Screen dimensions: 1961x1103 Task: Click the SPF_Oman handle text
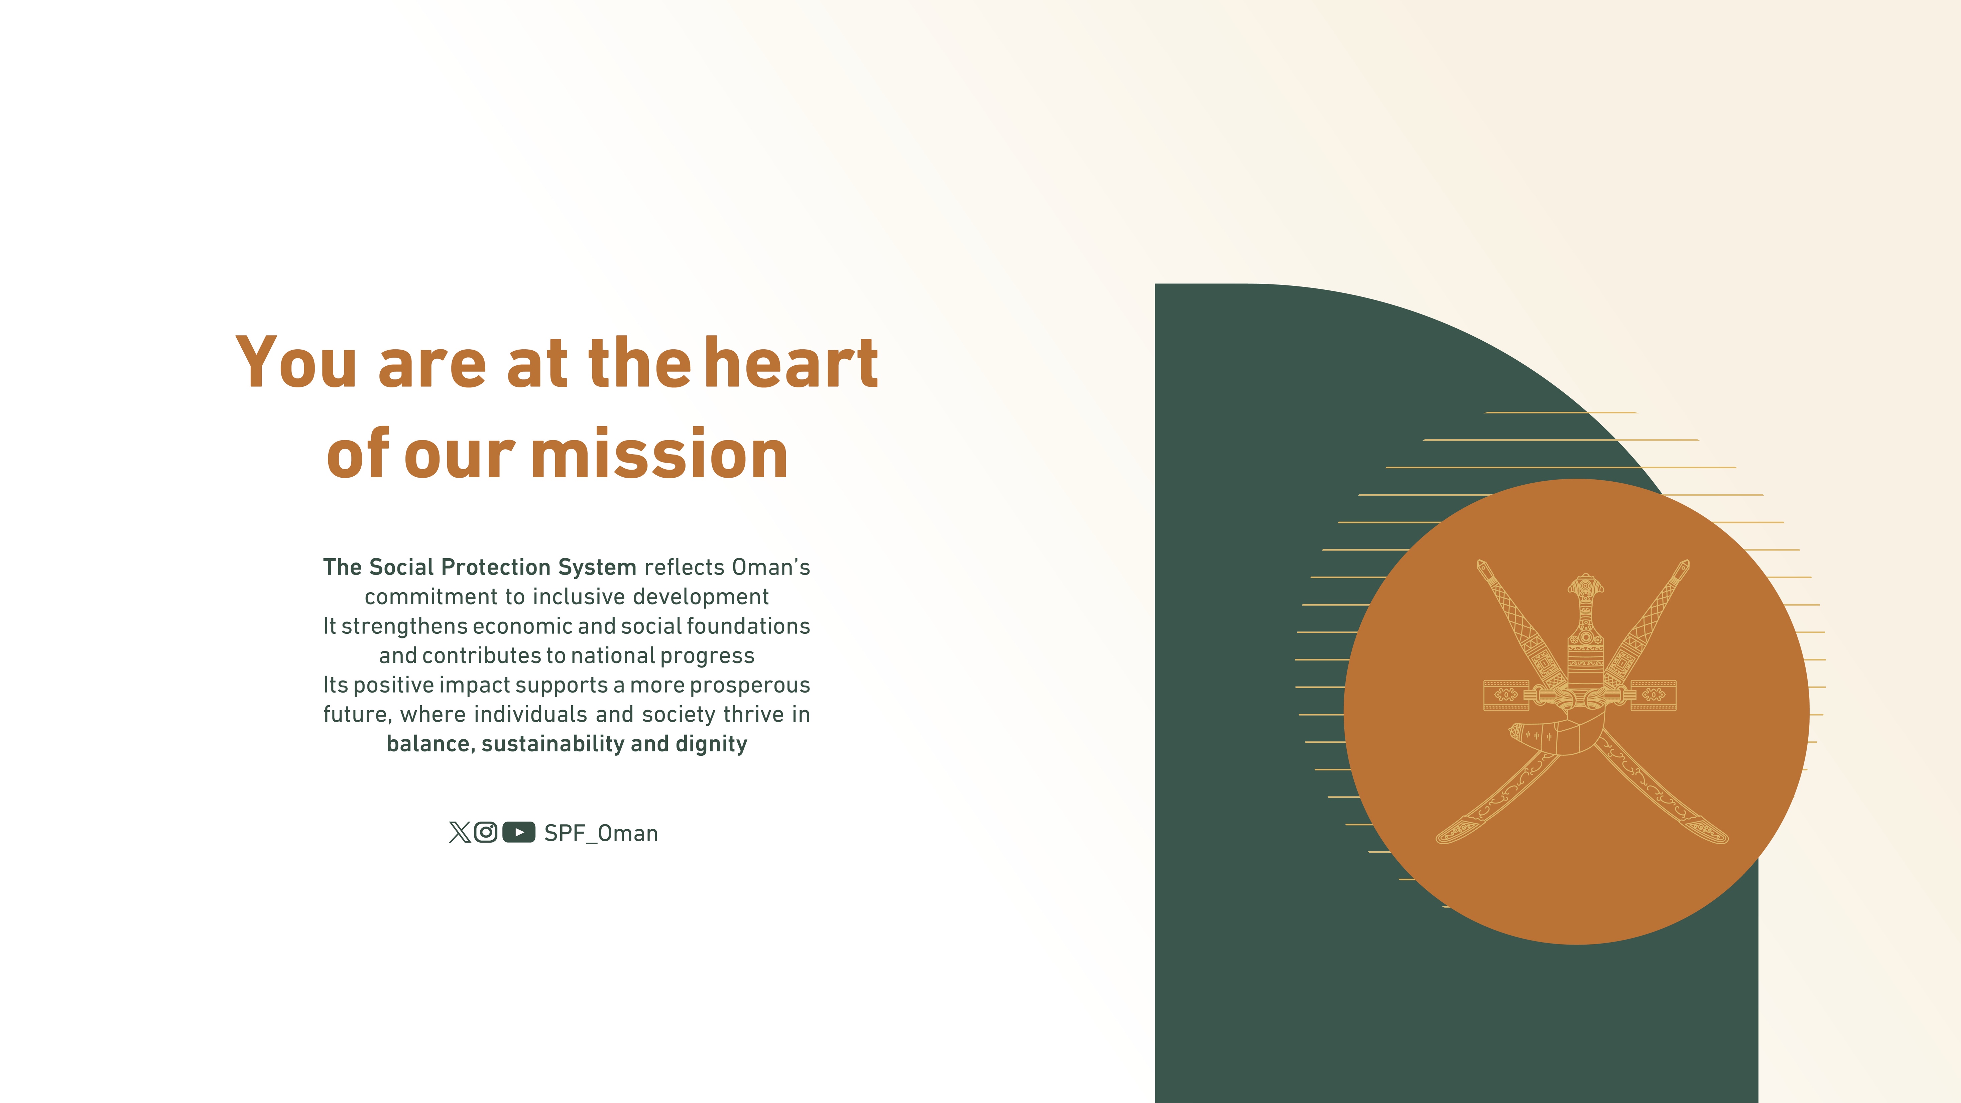pyautogui.click(x=601, y=834)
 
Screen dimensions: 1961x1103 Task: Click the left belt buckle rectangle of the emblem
pyautogui.click(x=1506, y=695)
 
